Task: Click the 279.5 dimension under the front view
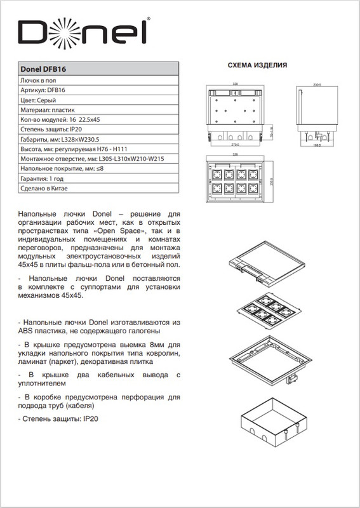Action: tap(235, 145)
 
